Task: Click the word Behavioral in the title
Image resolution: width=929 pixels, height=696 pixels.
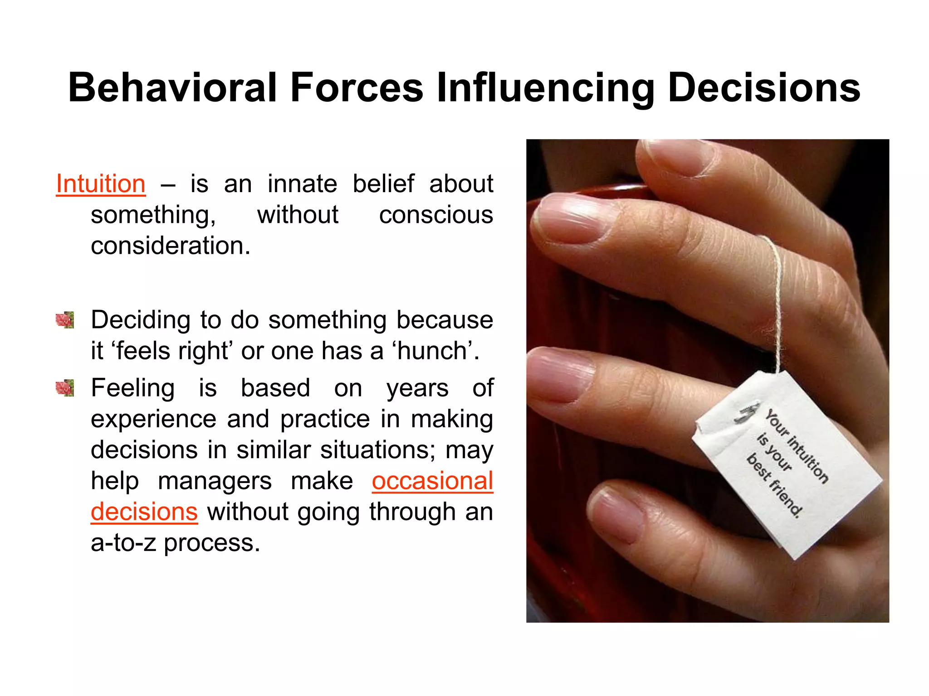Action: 172,87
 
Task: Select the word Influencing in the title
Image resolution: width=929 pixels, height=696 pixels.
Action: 546,88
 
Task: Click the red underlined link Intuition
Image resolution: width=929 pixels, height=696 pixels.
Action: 101,184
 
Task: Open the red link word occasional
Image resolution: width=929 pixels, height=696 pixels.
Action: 432,481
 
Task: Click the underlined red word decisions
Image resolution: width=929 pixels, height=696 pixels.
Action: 144,512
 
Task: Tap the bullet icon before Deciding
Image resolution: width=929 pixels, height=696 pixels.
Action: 65,320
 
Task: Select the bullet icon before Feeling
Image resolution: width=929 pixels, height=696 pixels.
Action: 65,388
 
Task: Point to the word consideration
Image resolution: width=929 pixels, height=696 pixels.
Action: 170,246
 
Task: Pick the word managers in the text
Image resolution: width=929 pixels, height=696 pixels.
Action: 215,481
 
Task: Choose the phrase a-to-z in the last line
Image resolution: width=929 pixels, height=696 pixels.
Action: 123,542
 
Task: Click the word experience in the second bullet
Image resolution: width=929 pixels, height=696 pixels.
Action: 153,419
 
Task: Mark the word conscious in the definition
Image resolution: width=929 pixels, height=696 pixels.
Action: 435,215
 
